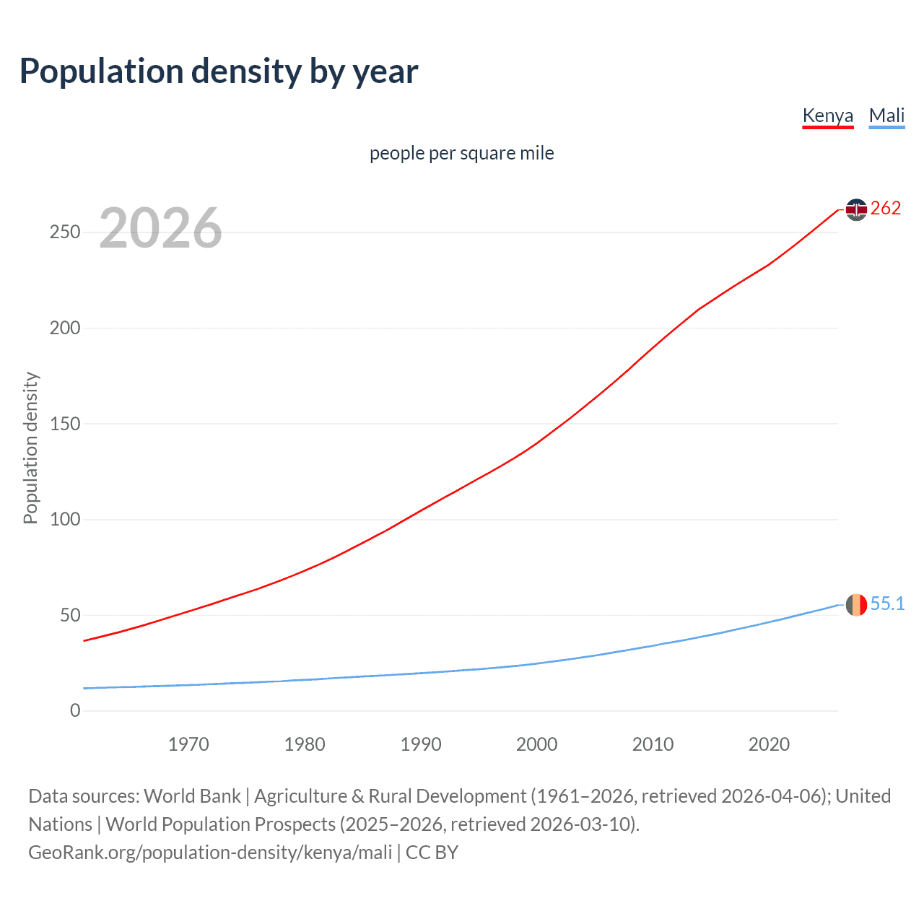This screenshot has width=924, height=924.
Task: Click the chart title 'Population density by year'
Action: click(x=219, y=71)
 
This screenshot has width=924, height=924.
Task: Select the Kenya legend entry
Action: click(x=827, y=115)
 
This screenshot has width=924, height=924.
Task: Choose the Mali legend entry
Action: click(x=886, y=115)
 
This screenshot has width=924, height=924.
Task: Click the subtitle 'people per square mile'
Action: click(x=461, y=153)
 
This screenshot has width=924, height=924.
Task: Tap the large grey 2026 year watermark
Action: click(x=160, y=228)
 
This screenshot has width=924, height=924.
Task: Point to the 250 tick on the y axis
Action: click(x=64, y=232)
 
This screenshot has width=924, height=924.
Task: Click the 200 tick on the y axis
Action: click(x=64, y=328)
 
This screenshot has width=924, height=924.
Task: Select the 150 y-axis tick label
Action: click(x=64, y=424)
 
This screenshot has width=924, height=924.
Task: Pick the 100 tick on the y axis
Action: click(x=64, y=520)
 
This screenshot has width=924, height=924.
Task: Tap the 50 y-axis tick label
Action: click(x=70, y=615)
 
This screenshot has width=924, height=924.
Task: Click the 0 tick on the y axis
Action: click(x=75, y=711)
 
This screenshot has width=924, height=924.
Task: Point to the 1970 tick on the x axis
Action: click(x=188, y=744)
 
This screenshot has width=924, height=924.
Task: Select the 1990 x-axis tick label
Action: click(x=421, y=744)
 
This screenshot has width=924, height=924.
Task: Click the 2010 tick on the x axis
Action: click(x=653, y=744)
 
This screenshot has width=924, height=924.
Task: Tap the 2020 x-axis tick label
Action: click(x=769, y=744)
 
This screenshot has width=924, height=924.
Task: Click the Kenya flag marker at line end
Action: click(x=856, y=209)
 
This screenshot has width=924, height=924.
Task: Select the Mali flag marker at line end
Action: click(x=856, y=605)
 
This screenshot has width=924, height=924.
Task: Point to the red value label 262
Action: click(x=886, y=209)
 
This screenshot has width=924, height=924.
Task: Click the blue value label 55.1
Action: click(x=887, y=604)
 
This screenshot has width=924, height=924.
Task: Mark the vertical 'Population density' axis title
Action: click(x=30, y=448)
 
